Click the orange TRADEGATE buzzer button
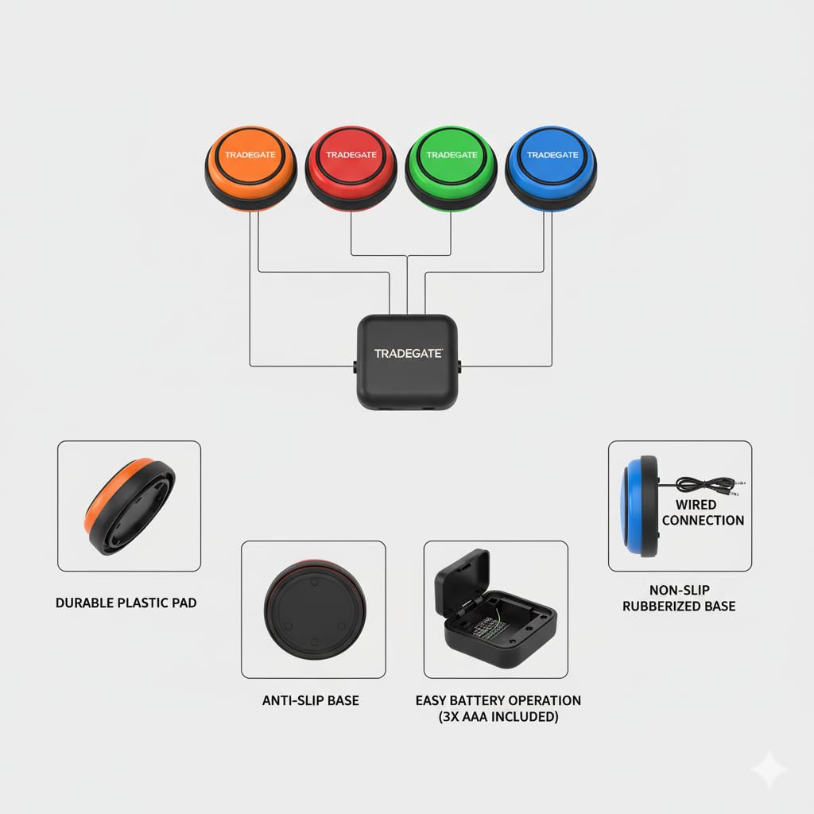click(x=250, y=169)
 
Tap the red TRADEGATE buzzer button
click(x=351, y=169)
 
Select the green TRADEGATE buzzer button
click(x=452, y=169)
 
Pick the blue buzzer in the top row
click(x=552, y=169)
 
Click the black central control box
click(x=408, y=362)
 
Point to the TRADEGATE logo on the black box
click(x=409, y=354)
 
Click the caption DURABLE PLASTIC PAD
click(x=126, y=603)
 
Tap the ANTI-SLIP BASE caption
click(x=311, y=700)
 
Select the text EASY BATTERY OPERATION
click(x=498, y=700)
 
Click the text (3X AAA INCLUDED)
click(x=498, y=717)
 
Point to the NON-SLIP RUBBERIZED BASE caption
click(x=679, y=598)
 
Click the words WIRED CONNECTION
click(x=703, y=513)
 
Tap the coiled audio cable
click(x=706, y=486)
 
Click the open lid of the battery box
click(x=462, y=578)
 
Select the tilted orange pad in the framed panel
click(x=130, y=506)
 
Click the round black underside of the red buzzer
click(x=315, y=609)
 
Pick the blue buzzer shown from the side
click(x=639, y=506)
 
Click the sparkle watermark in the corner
click(x=769, y=769)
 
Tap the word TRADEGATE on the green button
click(x=452, y=155)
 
